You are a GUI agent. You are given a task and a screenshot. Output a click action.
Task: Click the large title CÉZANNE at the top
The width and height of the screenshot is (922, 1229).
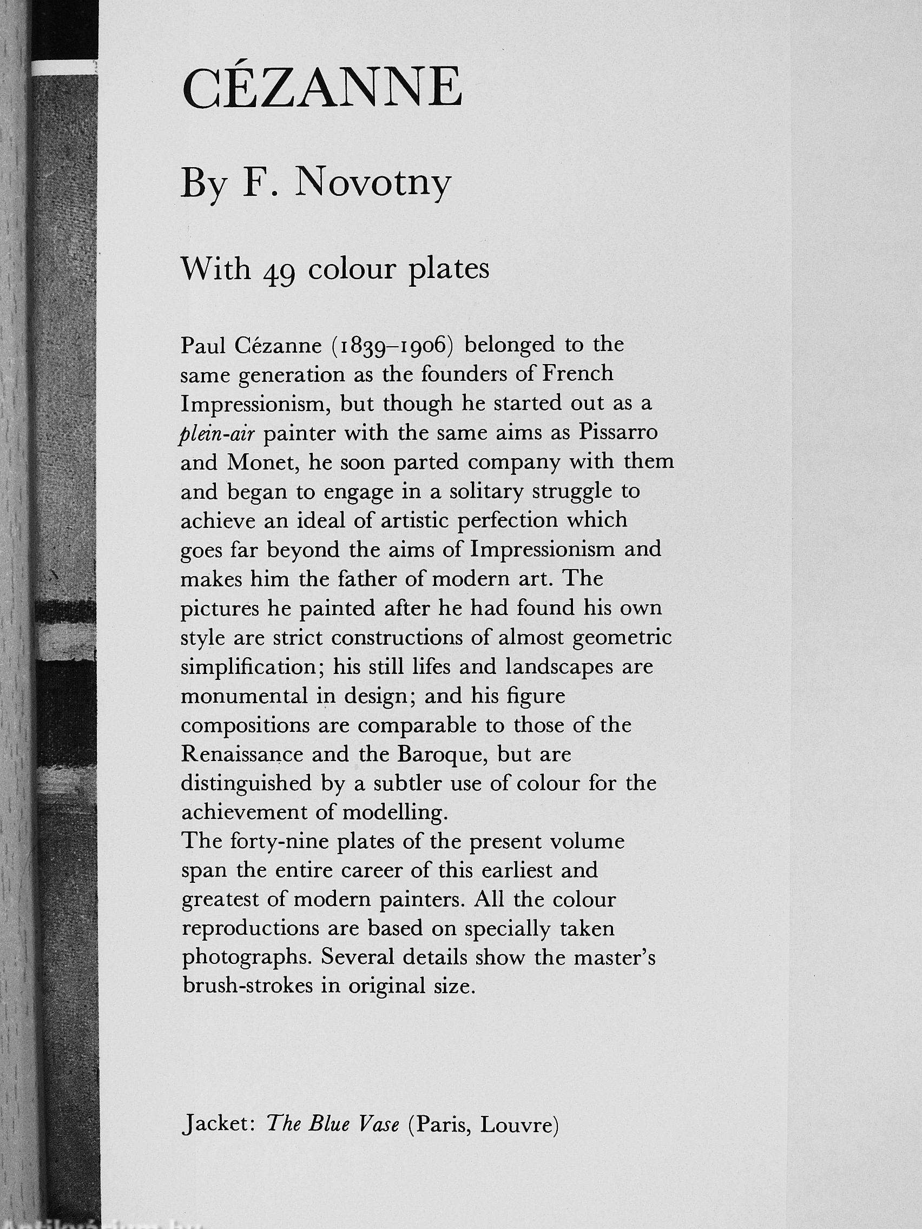[322, 89]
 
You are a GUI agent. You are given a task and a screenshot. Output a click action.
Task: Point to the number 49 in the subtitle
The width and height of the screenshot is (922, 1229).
[280, 272]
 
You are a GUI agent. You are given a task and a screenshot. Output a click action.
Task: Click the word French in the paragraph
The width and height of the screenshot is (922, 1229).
[578, 374]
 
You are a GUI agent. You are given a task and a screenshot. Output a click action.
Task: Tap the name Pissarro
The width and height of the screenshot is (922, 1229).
[618, 432]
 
